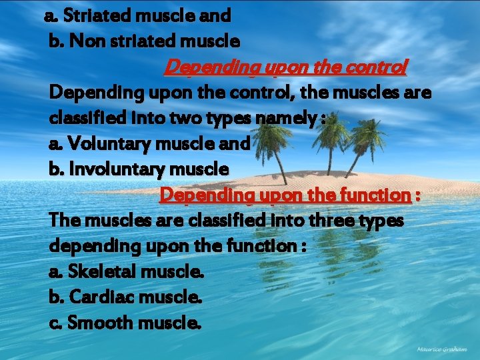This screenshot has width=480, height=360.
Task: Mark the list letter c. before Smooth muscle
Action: pos(56,323)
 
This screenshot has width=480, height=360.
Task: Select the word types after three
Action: pos(381,220)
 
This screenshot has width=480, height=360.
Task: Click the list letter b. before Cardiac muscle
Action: pos(57,297)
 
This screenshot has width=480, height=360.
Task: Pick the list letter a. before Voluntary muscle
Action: pos(57,143)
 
